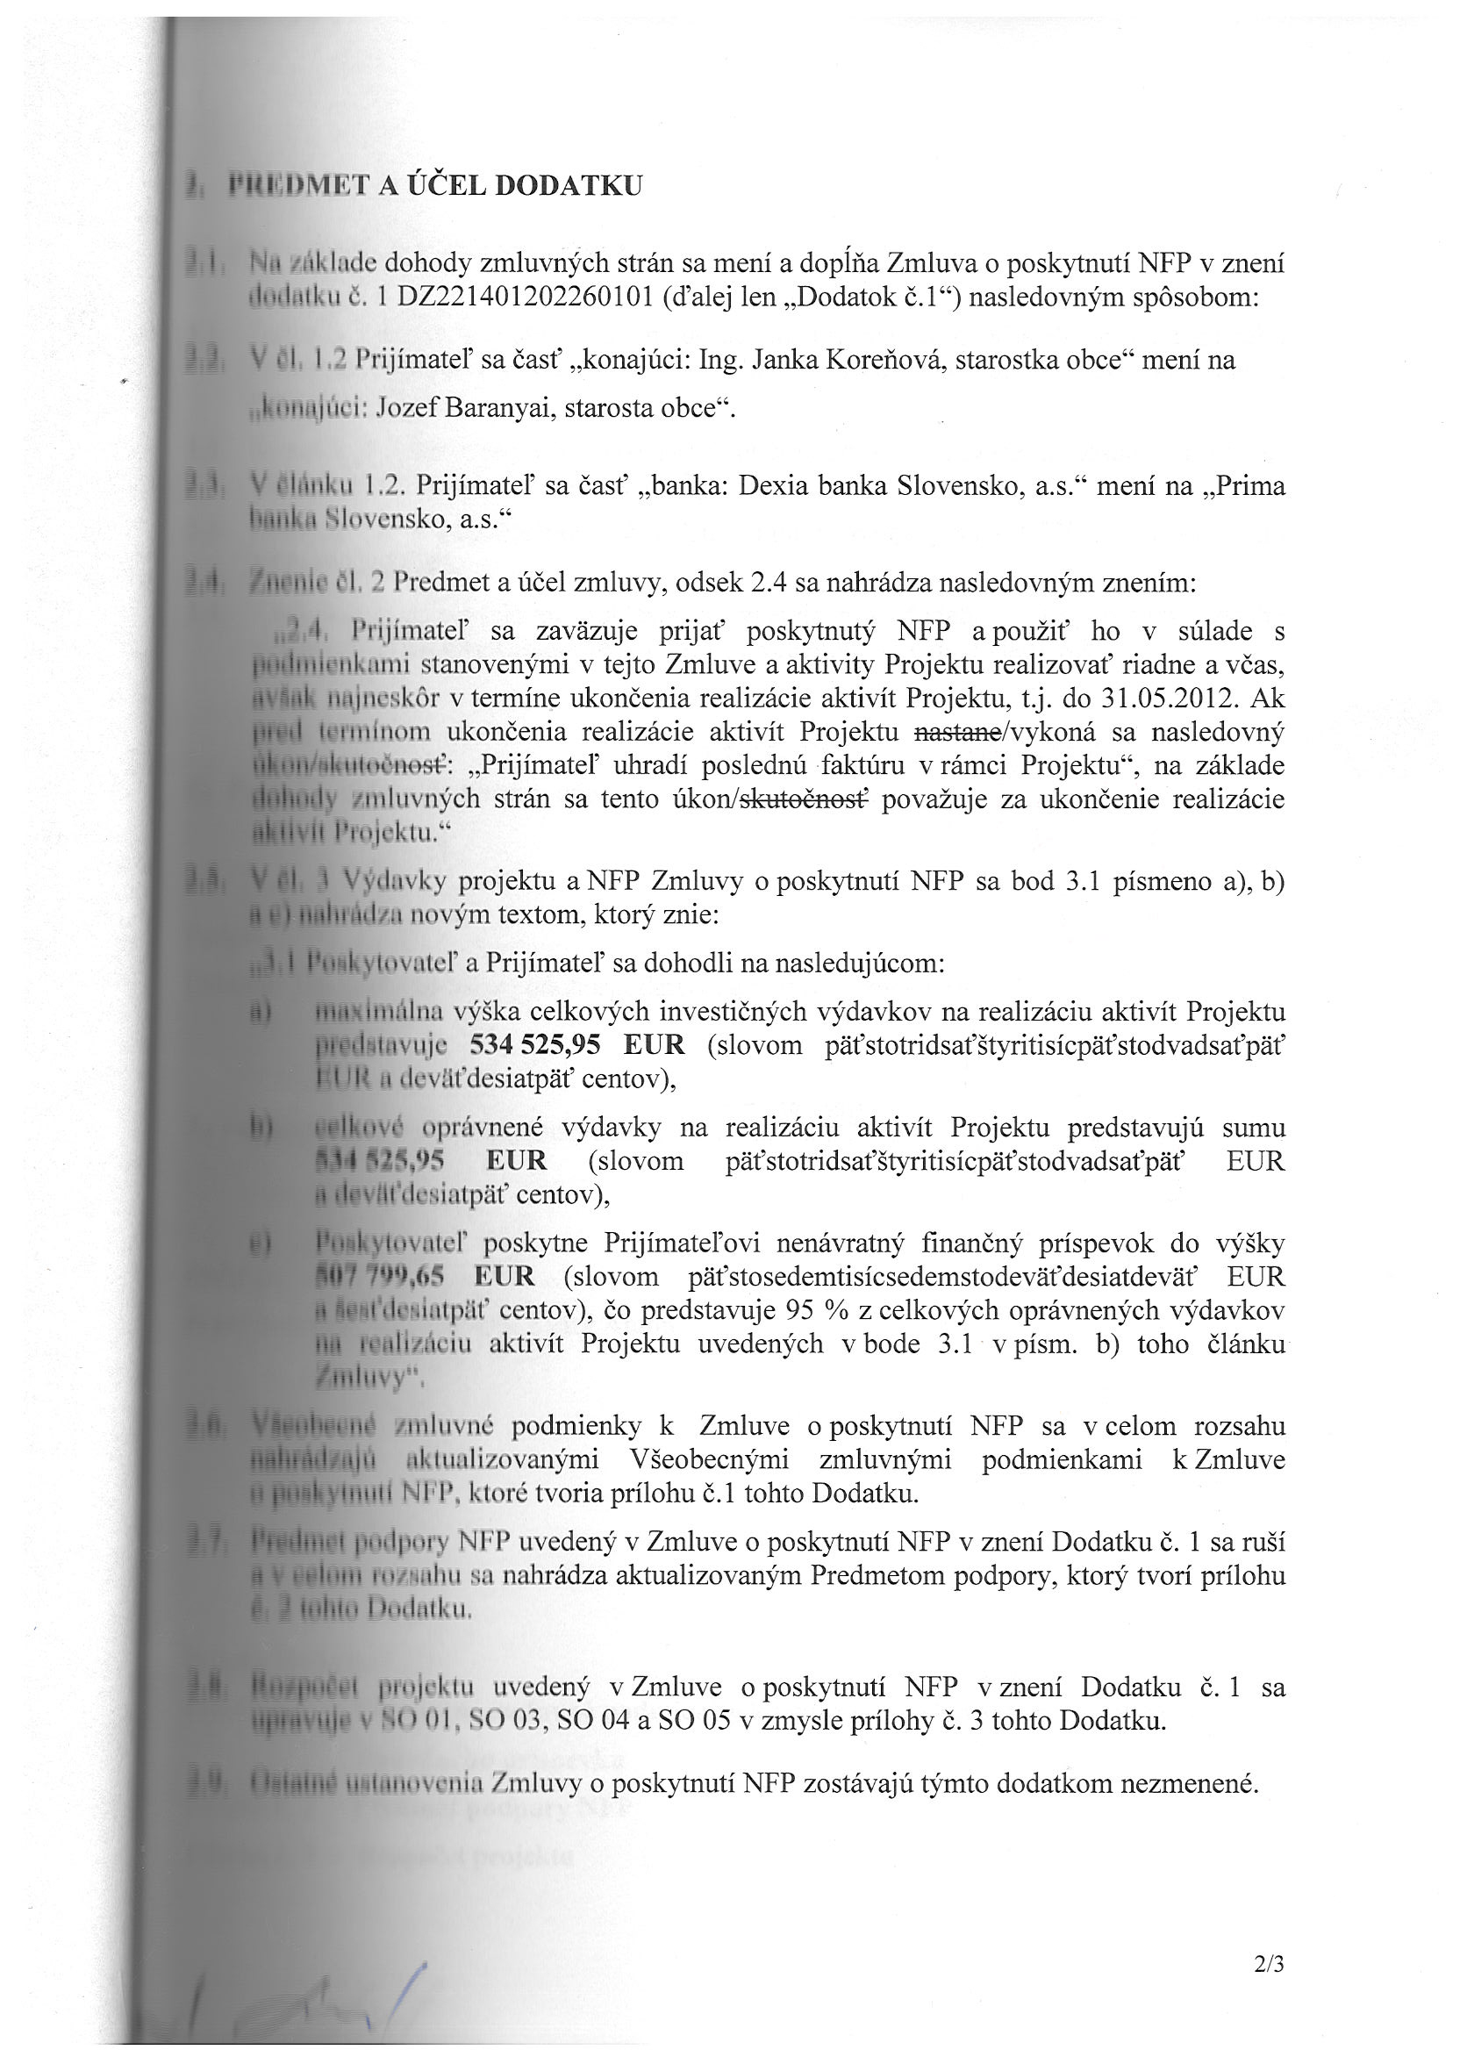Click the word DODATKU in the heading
[569, 185]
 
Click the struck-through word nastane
[957, 732]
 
